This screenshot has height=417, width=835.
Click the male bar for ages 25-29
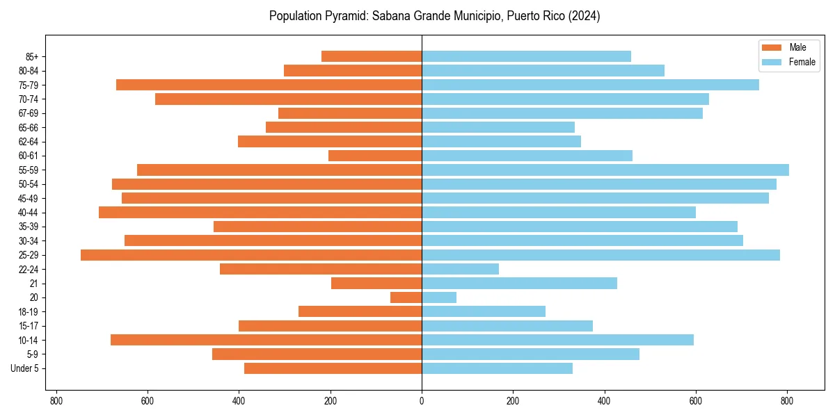(x=251, y=255)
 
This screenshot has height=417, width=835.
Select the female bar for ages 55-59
(x=605, y=170)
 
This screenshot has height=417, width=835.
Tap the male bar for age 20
(x=406, y=297)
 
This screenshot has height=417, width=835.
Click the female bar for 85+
(x=526, y=56)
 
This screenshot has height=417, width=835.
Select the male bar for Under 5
(x=333, y=368)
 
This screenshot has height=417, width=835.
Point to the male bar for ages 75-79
(x=269, y=85)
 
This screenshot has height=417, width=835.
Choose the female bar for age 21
(x=519, y=284)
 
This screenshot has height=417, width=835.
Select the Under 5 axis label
(x=24, y=368)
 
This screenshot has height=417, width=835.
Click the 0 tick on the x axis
(x=422, y=401)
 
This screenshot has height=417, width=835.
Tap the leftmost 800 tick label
(x=56, y=401)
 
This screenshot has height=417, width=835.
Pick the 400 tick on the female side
(x=604, y=401)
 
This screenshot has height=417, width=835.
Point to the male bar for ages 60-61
(x=375, y=156)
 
